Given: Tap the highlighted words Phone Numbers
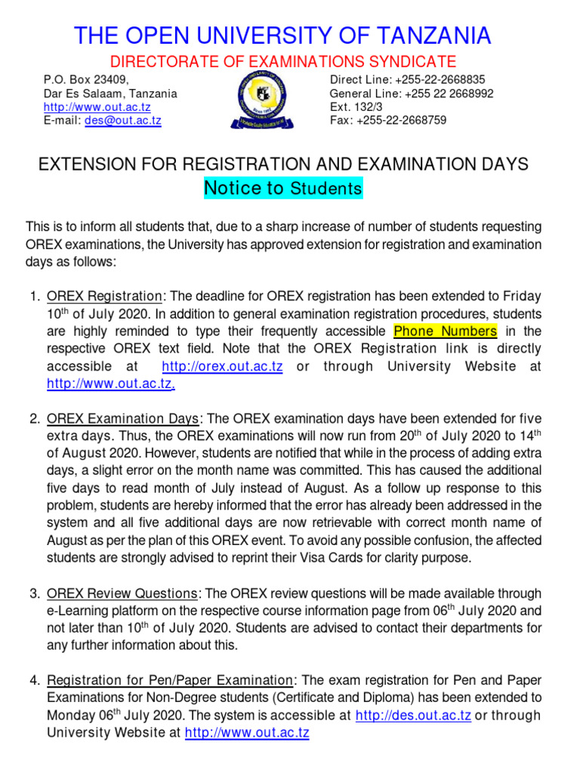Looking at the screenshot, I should tap(446, 331).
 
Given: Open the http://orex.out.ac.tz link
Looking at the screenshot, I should tap(223, 366).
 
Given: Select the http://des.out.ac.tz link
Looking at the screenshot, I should tap(413, 716).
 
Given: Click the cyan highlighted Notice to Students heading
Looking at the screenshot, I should tap(283, 188).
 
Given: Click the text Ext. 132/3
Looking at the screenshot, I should tap(357, 107).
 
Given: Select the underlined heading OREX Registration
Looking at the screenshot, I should tap(104, 297).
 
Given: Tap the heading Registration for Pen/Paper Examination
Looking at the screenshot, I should tap(169, 681).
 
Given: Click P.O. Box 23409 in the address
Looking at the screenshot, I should tap(86, 80).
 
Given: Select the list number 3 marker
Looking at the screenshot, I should tap(35, 594).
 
